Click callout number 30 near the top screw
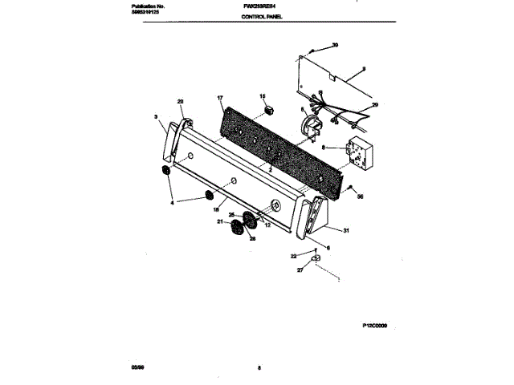click(335, 45)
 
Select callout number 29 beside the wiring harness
click(374, 105)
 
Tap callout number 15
click(262, 96)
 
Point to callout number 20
click(180, 101)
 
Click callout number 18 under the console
click(216, 209)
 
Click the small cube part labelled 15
click(270, 108)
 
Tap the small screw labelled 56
click(352, 188)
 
